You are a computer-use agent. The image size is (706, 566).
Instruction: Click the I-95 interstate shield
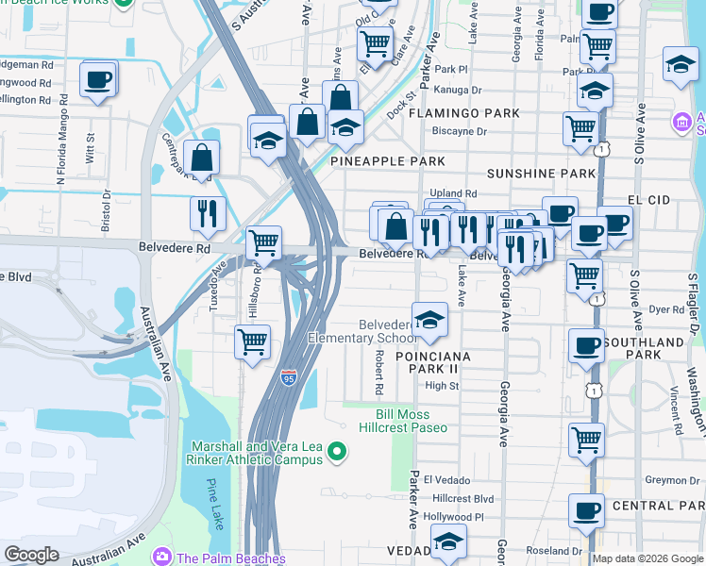click(290, 378)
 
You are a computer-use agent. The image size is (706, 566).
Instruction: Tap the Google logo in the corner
click(31, 555)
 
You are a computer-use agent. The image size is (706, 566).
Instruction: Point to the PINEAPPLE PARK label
click(387, 161)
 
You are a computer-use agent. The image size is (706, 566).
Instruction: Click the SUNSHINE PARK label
click(541, 174)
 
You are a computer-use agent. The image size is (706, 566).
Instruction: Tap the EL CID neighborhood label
click(647, 200)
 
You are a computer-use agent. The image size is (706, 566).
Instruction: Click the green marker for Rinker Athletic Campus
click(336, 456)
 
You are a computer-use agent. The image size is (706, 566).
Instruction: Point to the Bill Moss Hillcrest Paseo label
click(403, 421)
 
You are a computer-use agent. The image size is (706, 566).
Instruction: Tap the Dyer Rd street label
click(665, 308)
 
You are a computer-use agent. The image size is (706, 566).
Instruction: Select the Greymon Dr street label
click(672, 480)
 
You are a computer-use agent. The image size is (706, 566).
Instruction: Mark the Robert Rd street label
click(378, 375)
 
